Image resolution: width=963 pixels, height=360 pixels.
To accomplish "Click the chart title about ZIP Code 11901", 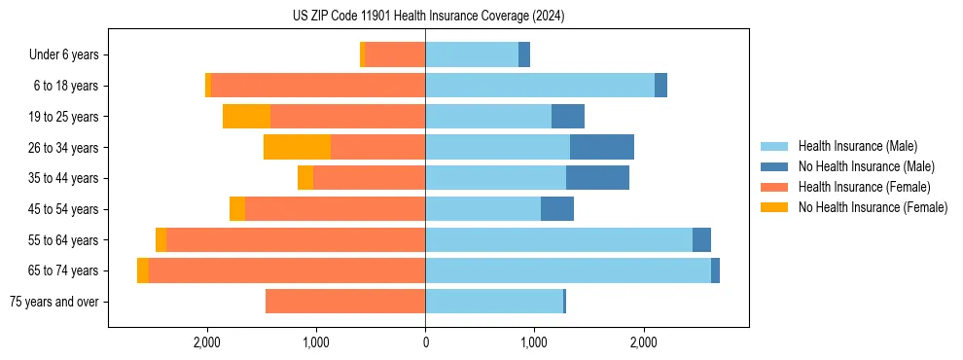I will (x=428, y=17).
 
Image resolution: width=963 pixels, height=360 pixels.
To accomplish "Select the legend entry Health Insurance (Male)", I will (x=856, y=146).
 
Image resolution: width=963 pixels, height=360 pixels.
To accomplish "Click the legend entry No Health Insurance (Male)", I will (x=866, y=166).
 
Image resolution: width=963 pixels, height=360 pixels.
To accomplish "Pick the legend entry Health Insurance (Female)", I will (x=864, y=187).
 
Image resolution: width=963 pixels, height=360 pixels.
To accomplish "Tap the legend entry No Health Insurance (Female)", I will (x=873, y=207).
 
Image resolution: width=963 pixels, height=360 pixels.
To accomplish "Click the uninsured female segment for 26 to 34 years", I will (x=297, y=147).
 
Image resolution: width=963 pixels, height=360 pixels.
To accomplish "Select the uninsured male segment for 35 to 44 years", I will (x=597, y=178).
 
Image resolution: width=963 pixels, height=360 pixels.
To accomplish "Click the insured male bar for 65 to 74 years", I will (x=568, y=270).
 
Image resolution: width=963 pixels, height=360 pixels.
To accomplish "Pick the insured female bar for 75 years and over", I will (x=345, y=302).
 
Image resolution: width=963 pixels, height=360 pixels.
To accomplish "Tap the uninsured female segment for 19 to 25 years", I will (x=246, y=117).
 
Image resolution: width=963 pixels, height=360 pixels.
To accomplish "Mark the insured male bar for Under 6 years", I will (x=472, y=55).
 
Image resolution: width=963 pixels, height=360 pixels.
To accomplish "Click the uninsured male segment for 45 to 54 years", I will (x=557, y=209).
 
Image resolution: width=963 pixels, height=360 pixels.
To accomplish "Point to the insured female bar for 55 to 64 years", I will (x=296, y=240).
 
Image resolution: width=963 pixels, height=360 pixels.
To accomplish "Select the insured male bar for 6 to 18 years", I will (x=540, y=86).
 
